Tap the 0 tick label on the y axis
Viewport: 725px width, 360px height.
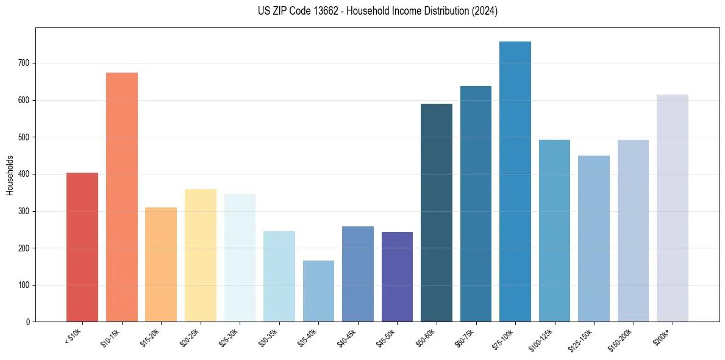[29, 322]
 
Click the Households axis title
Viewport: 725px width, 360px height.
[10, 175]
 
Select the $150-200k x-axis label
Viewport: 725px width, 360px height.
[621, 339]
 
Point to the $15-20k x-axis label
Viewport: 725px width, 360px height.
[151, 337]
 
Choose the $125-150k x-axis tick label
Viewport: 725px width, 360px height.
[582, 339]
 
